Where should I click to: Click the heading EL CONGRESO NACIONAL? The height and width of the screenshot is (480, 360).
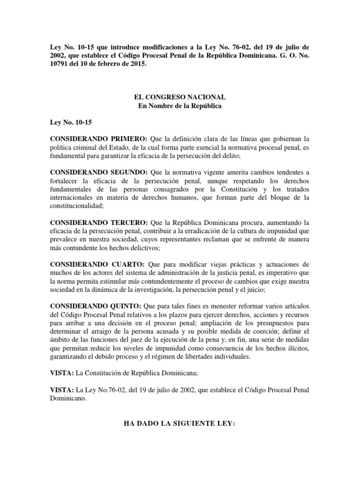click(x=180, y=97)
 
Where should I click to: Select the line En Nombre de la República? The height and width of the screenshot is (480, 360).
click(x=180, y=106)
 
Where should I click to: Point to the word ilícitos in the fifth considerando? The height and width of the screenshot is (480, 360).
click(x=298, y=348)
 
